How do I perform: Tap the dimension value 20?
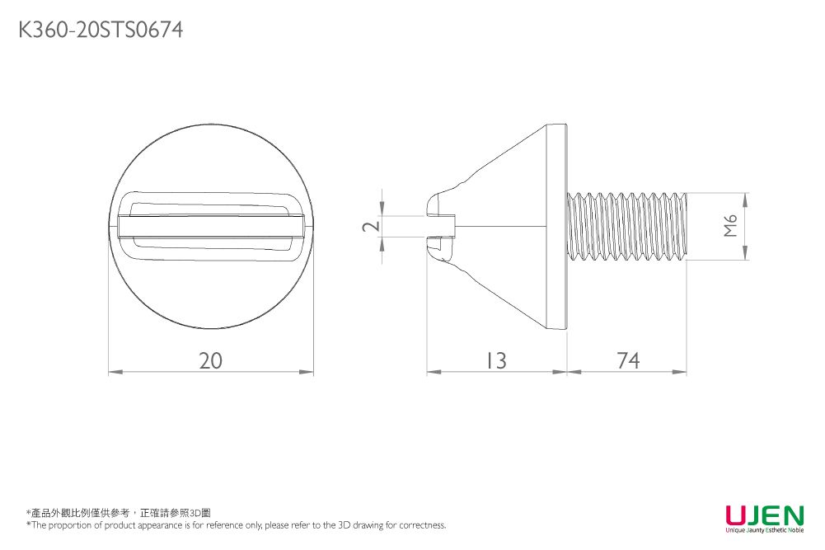pyautogui.click(x=211, y=360)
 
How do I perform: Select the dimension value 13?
pyautogui.click(x=495, y=360)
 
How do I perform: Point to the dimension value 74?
pyautogui.click(x=627, y=360)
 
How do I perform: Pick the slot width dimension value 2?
pyautogui.click(x=372, y=226)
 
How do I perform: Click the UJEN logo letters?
pyautogui.click(x=764, y=515)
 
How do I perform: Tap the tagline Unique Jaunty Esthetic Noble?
pyautogui.click(x=764, y=530)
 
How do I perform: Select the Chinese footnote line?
pyautogui.click(x=119, y=513)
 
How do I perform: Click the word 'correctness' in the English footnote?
pyautogui.click(x=423, y=525)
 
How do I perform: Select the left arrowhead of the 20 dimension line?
pyautogui.click(x=114, y=373)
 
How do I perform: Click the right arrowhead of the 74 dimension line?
pyautogui.click(x=682, y=373)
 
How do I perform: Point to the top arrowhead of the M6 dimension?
pyautogui.click(x=746, y=198)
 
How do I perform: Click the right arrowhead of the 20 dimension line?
pyautogui.click(x=309, y=373)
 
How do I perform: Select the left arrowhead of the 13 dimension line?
pyautogui.click(x=431, y=373)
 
